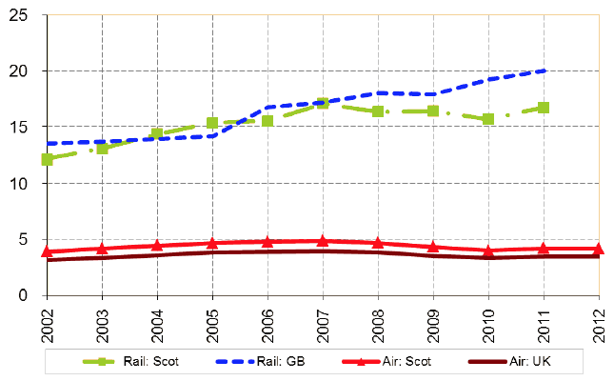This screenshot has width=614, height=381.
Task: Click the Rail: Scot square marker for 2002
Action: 47,159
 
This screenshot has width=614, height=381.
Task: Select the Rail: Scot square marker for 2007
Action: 323,103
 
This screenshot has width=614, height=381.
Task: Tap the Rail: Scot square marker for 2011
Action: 544,108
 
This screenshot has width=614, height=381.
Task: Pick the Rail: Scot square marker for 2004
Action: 157,134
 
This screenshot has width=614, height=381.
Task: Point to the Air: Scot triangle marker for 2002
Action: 47,251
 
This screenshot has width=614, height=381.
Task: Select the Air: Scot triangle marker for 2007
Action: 323,241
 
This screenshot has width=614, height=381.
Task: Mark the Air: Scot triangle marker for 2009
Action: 433,247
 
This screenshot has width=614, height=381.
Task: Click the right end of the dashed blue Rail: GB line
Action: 544,70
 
